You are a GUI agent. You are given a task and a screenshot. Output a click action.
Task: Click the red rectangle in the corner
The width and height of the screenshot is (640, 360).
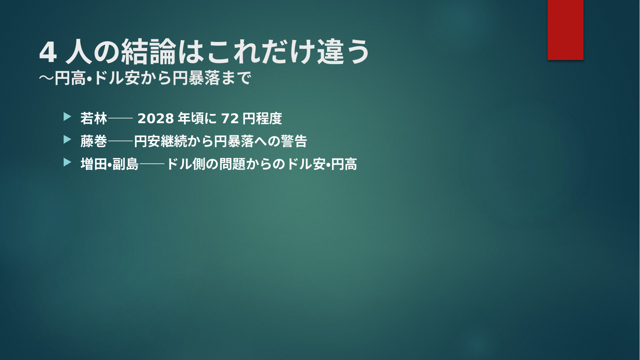(565, 30)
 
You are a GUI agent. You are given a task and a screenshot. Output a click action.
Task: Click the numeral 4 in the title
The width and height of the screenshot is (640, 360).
(48, 53)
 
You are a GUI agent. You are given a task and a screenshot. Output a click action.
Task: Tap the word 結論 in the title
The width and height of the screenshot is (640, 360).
(148, 52)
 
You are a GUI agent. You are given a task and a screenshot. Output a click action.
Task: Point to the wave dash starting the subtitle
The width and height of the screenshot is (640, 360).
(46, 78)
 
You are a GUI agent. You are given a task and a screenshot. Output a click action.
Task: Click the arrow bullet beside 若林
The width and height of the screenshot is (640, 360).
(68, 116)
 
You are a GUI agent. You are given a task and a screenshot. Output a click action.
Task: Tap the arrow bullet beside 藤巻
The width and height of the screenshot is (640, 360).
(68, 140)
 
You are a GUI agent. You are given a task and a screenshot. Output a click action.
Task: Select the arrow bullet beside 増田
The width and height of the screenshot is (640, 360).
(68, 162)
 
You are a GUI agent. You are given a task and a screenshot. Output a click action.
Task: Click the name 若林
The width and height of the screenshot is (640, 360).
(94, 118)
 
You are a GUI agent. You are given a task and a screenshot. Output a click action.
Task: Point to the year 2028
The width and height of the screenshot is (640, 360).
(156, 119)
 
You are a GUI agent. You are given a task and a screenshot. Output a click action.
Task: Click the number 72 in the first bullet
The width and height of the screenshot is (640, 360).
(230, 119)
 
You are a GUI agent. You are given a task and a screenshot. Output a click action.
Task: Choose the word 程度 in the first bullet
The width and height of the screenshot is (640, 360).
(269, 118)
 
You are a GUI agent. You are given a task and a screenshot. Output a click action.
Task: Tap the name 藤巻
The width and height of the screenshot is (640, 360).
(94, 141)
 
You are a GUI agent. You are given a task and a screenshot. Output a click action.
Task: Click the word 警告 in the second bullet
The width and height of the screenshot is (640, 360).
(294, 141)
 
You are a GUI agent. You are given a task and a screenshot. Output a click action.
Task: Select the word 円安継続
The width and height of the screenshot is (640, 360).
(161, 141)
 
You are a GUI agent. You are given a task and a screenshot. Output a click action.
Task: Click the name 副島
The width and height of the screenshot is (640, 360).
(126, 164)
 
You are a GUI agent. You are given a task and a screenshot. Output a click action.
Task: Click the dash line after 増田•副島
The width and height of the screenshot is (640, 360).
(152, 164)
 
